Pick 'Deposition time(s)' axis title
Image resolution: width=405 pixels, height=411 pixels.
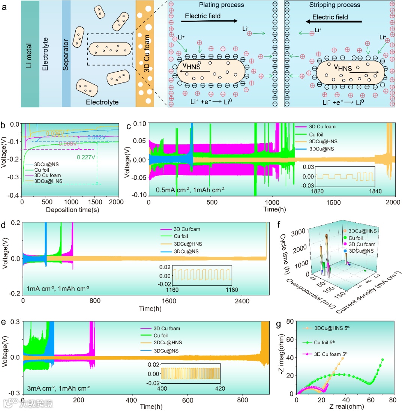point(72,210)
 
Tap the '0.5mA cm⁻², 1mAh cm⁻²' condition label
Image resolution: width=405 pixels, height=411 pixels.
point(190,190)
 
